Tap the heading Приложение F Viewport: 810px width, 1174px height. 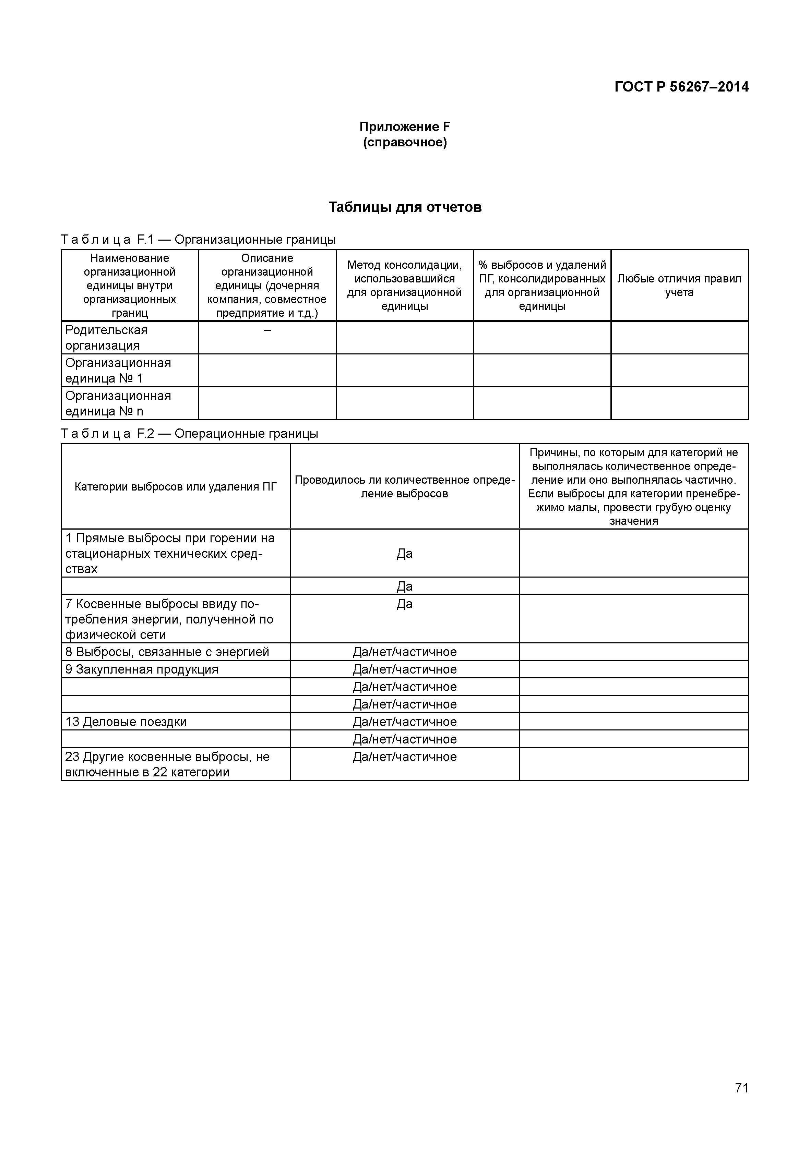(405, 127)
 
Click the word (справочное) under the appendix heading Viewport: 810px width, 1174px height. (405, 143)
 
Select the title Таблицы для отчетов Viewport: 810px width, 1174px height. (405, 207)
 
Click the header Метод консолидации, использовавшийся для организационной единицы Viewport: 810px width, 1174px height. (405, 285)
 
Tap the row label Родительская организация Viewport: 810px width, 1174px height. (107, 337)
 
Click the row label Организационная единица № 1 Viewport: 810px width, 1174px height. (118, 370)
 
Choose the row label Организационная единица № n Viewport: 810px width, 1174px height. (118, 403)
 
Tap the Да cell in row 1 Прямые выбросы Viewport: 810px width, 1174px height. (405, 554)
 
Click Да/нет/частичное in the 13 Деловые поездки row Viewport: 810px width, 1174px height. (405, 722)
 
